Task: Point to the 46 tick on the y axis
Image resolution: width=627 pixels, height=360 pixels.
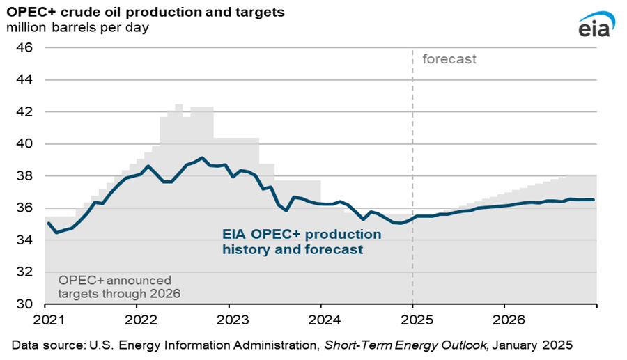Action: pyautogui.click(x=26, y=47)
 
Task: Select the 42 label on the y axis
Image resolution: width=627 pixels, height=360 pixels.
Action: pyautogui.click(x=26, y=111)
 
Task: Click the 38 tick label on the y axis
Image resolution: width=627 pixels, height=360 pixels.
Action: pyautogui.click(x=26, y=176)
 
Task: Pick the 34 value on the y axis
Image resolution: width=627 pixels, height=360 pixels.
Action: pyautogui.click(x=26, y=240)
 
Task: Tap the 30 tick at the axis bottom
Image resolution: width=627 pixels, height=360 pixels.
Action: pyautogui.click(x=26, y=304)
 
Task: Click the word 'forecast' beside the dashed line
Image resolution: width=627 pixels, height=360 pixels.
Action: pyautogui.click(x=449, y=59)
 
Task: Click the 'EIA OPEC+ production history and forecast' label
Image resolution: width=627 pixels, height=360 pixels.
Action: pyautogui.click(x=302, y=241)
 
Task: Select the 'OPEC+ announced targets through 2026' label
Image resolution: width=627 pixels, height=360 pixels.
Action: pyautogui.click(x=119, y=286)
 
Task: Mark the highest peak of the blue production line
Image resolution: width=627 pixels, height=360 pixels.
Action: pyautogui.click(x=201, y=158)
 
